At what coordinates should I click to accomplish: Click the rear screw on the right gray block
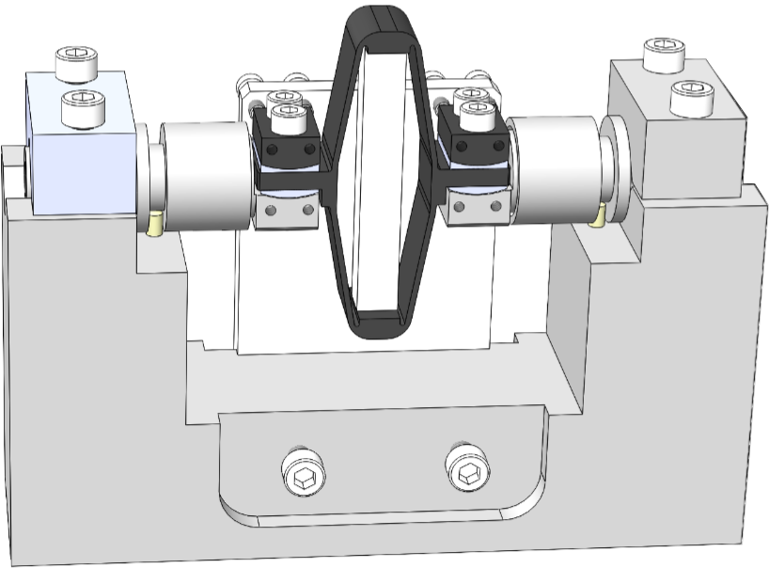663,55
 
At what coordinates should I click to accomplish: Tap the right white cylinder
555,169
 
